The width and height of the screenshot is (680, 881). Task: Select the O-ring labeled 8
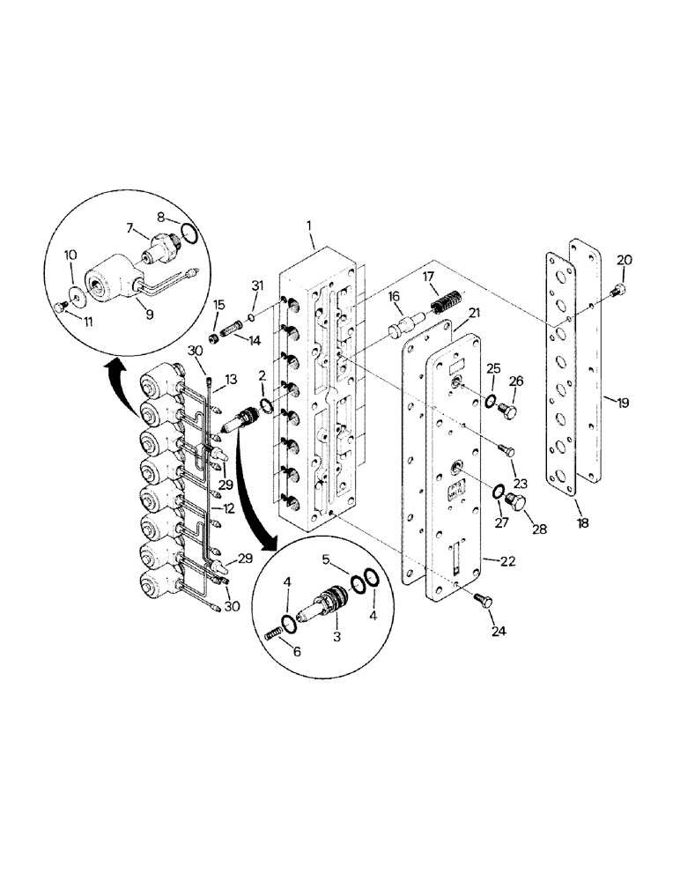(187, 233)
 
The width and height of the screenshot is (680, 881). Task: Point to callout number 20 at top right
(624, 260)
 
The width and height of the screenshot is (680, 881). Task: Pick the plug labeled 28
(516, 503)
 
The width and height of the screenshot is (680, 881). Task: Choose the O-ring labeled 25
(489, 403)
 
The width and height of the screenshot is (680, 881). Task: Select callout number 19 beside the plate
(623, 403)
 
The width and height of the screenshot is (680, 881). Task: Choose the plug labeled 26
(509, 411)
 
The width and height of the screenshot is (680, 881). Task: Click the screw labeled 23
(506, 450)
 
